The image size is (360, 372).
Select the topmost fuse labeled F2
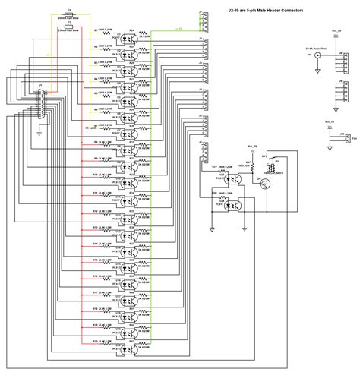pos(69,17)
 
